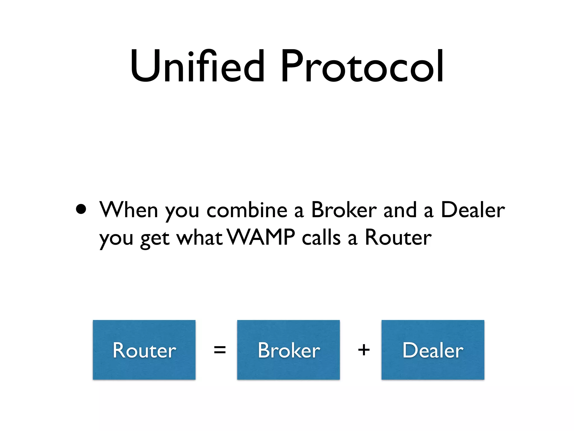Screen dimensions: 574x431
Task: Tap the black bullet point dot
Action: pyautogui.click(x=81, y=209)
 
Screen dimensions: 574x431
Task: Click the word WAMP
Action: pyautogui.click(x=261, y=237)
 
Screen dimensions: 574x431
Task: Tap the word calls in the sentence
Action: pyautogui.click(x=321, y=237)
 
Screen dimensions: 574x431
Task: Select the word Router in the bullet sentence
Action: pyautogui.click(x=398, y=237)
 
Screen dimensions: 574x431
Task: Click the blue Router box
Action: pyautogui.click(x=144, y=350)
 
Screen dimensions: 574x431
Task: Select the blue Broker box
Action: pyautogui.click(x=288, y=350)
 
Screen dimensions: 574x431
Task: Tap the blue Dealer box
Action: pyautogui.click(x=433, y=350)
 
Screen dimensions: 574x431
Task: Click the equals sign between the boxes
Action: pyautogui.click(x=219, y=350)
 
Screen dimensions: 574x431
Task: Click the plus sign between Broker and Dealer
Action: pyautogui.click(x=364, y=350)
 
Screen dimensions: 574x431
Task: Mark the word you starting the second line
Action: pyautogui.click(x=116, y=239)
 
